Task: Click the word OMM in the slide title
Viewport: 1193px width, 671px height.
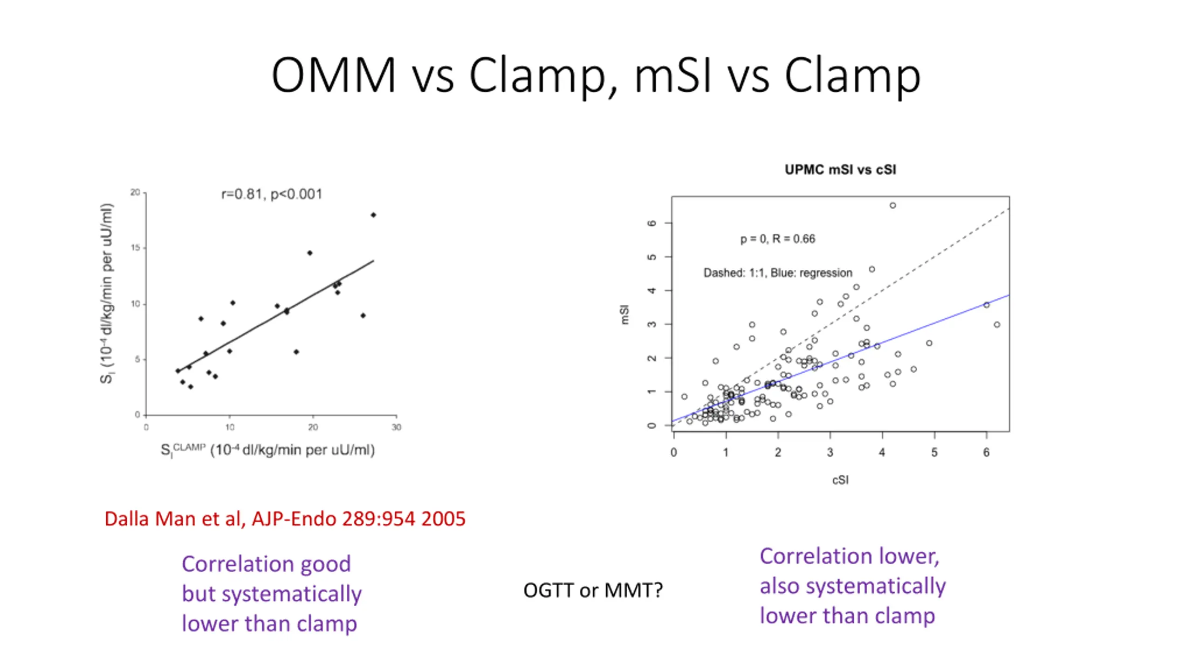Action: (334, 75)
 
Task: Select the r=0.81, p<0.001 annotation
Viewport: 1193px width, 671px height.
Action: (271, 194)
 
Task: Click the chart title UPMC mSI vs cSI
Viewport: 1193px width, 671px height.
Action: (840, 170)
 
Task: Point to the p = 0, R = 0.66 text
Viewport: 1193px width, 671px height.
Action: (777, 239)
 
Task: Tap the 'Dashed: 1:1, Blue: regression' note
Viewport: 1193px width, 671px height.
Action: (777, 273)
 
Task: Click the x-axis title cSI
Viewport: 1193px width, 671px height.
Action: (840, 480)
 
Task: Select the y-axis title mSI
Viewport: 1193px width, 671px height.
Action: (625, 315)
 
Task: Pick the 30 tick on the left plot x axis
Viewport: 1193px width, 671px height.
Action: (396, 427)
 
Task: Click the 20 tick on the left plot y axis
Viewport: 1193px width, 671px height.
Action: (135, 192)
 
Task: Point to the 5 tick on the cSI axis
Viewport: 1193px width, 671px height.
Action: (934, 452)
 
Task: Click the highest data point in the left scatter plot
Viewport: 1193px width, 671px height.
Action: (373, 215)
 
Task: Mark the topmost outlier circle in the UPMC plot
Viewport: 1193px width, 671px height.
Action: (892, 205)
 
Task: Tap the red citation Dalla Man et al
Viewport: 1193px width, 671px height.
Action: (285, 519)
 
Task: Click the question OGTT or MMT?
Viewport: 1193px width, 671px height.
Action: (593, 590)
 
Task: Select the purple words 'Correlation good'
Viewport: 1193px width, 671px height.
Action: (266, 564)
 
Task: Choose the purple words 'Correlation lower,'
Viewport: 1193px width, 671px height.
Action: (849, 556)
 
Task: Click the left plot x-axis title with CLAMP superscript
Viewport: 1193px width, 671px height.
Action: (267, 450)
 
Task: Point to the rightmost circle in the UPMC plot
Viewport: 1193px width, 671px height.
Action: (997, 325)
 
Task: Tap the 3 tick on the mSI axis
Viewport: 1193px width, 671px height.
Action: (652, 324)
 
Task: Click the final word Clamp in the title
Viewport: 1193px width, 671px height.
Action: (852, 75)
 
